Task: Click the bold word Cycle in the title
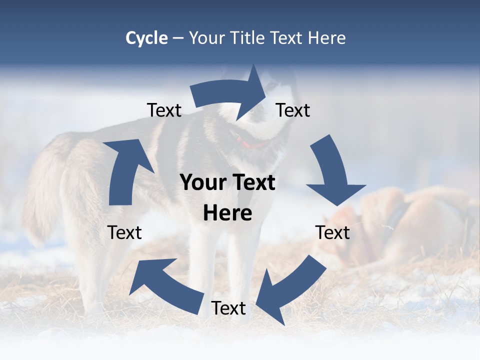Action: click(146, 38)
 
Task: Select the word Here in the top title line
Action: click(327, 38)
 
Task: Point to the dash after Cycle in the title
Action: click(178, 38)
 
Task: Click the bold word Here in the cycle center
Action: click(227, 213)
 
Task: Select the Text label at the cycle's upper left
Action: click(164, 110)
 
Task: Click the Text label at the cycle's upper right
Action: click(293, 110)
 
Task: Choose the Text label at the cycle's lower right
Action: click(332, 232)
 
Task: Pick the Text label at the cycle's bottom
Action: click(228, 308)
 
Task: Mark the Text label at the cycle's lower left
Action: click(124, 232)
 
